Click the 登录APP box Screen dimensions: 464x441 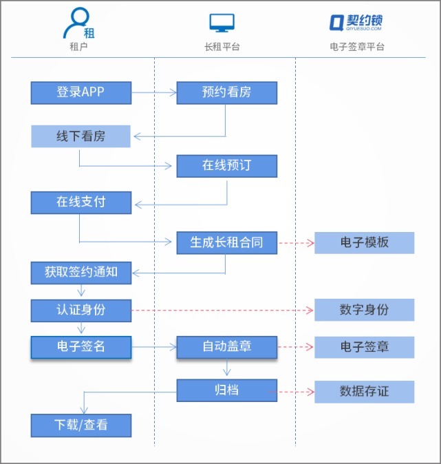tap(80, 92)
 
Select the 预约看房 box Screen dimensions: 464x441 tap(226, 93)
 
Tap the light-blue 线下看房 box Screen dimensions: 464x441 tap(80, 136)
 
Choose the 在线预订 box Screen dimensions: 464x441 tap(226, 166)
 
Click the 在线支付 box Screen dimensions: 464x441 tap(80, 202)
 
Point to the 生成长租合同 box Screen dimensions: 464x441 tap(226, 242)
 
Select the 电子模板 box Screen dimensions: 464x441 tap(364, 242)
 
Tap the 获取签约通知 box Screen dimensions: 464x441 tap(80, 272)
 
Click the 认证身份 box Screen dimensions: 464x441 tap(80, 310)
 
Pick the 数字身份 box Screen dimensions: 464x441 tap(364, 310)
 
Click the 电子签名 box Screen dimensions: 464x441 tap(80, 347)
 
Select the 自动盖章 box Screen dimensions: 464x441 tap(226, 347)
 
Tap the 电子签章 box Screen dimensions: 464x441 tap(364, 347)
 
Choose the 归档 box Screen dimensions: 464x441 tap(226, 390)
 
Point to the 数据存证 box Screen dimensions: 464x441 tap(364, 391)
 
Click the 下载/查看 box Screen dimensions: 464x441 tap(80, 425)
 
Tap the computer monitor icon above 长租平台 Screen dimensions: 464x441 tap(222, 24)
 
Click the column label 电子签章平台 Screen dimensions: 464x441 tap(357, 47)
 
